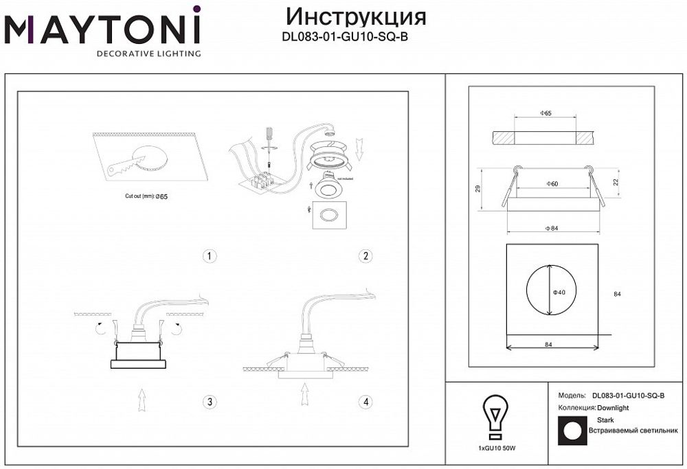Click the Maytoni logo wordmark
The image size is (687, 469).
103,29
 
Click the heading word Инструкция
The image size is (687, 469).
354,16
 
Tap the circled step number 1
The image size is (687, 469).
210,256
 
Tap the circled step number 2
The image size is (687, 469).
366,256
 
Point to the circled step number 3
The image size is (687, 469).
210,402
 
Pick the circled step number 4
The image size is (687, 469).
366,402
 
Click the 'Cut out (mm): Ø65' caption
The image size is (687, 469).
146,196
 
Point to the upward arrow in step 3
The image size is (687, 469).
141,400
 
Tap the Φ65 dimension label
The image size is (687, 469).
546,113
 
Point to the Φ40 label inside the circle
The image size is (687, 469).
559,293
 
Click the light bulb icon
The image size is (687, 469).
495,416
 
